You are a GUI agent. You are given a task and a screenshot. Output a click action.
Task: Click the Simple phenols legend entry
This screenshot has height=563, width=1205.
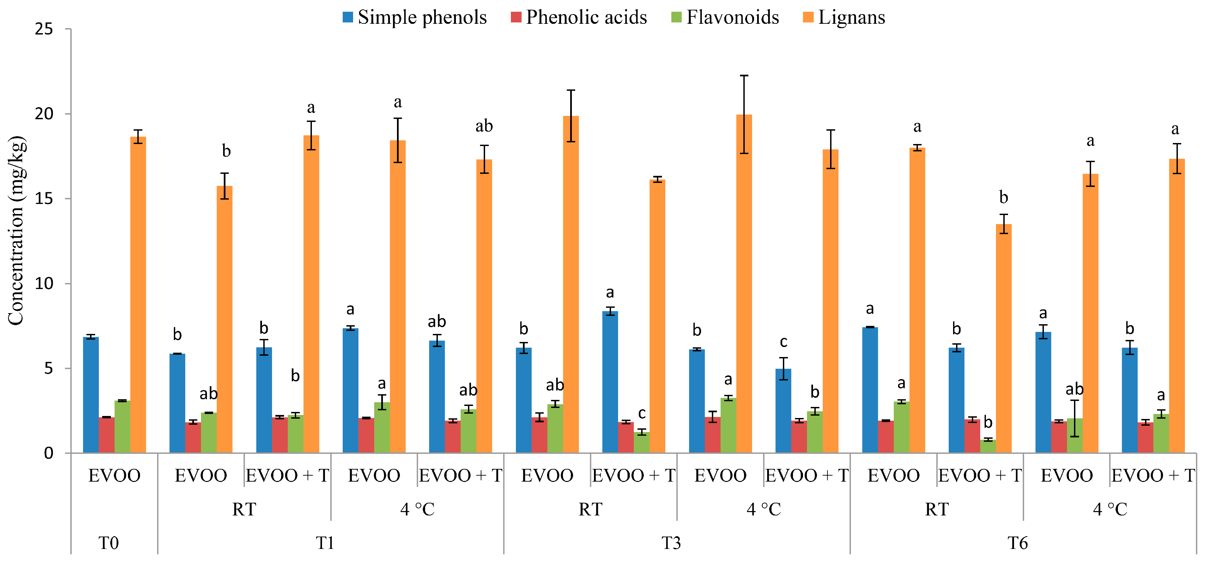click(414, 17)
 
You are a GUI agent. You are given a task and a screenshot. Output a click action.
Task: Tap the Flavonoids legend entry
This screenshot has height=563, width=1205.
click(725, 17)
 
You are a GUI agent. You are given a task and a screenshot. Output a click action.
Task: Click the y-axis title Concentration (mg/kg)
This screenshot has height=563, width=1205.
click(16, 230)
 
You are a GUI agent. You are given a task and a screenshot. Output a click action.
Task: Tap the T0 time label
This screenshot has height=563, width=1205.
click(109, 543)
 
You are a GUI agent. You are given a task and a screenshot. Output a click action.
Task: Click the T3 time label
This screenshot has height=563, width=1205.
click(671, 543)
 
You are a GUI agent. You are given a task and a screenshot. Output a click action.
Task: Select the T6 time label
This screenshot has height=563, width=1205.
click(1017, 543)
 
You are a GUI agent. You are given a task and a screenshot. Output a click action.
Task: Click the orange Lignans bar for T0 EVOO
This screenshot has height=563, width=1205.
click(138, 295)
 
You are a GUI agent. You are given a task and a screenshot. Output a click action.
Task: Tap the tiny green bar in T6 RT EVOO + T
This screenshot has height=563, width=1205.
click(988, 446)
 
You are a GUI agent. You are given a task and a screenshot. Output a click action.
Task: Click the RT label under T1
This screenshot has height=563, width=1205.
click(244, 509)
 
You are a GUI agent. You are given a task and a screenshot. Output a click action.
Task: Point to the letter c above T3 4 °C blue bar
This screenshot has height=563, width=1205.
click(784, 342)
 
